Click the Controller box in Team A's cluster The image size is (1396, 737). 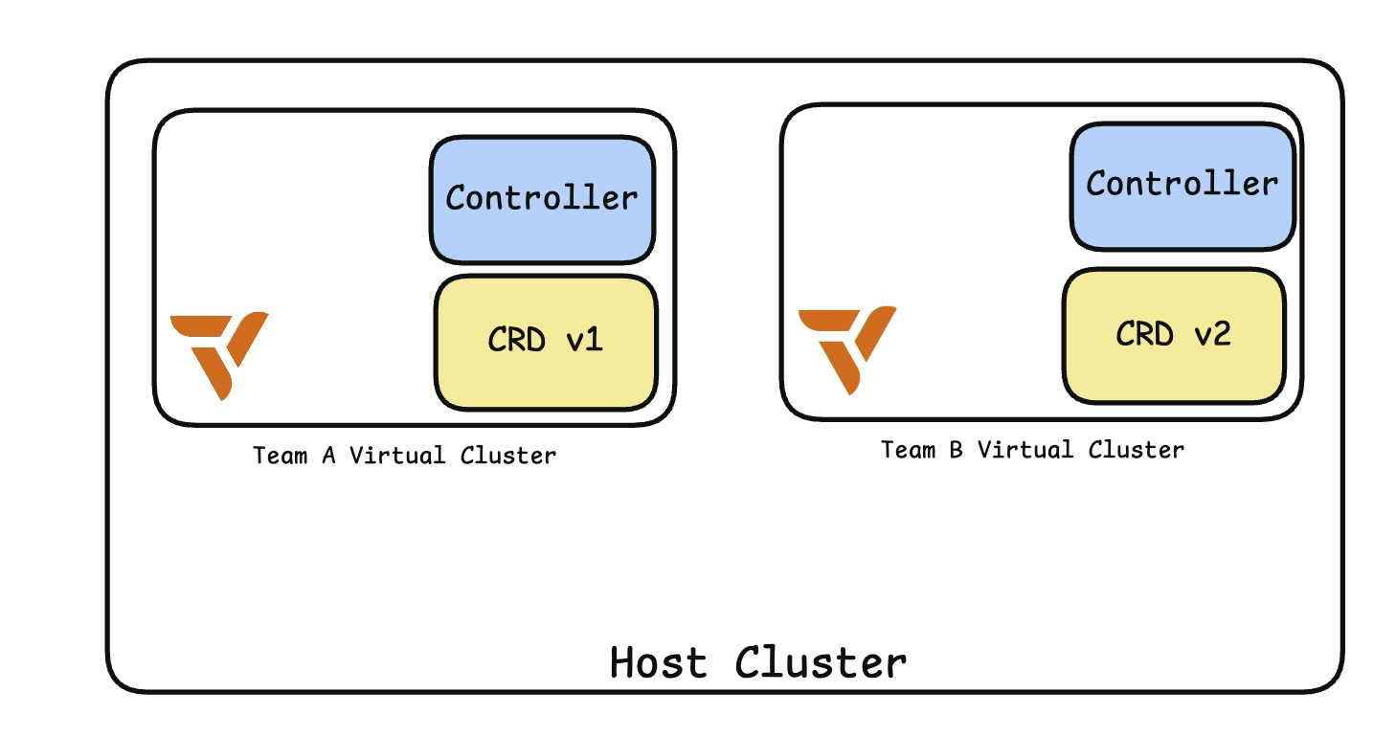click(542, 199)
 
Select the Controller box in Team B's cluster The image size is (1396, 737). click(1182, 184)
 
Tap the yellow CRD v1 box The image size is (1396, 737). click(545, 341)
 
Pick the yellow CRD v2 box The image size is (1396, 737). click(1173, 334)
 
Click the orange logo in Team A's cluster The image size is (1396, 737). click(218, 352)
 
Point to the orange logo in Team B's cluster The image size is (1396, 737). click(846, 347)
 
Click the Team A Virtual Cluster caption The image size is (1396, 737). click(404, 456)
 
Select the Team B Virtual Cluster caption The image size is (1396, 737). click(1032, 450)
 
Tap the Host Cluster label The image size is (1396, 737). click(757, 662)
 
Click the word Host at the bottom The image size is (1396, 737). click(659, 662)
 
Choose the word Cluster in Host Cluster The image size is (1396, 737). click(821, 662)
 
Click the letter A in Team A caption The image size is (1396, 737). click(327, 456)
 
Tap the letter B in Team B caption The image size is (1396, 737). click(956, 450)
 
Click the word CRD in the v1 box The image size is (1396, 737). click(516, 341)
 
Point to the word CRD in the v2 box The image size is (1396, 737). click(1144, 334)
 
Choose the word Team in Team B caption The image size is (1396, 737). click(908, 450)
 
